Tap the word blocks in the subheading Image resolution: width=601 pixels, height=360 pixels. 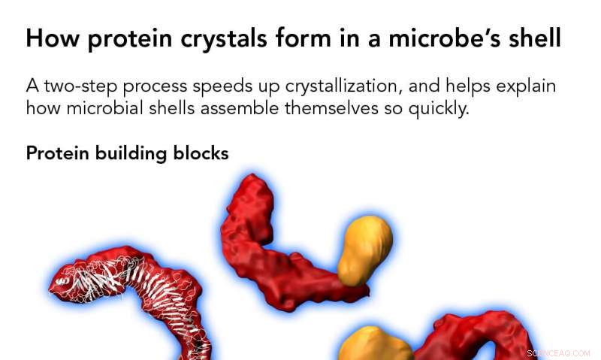point(201,153)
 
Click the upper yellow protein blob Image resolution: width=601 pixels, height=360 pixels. point(365,248)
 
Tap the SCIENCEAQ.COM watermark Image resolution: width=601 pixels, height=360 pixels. point(559,351)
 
